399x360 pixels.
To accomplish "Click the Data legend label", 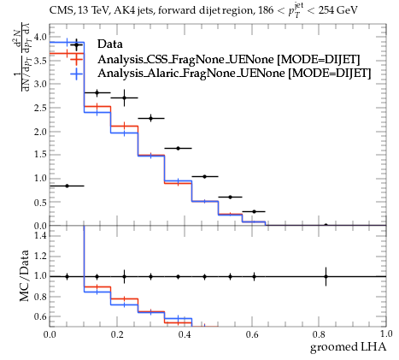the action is tap(110, 44).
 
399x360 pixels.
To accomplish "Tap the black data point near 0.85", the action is tap(67, 186).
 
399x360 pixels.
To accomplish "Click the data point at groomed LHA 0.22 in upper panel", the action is tap(124, 97).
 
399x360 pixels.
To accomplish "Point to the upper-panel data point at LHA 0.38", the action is tap(179, 148).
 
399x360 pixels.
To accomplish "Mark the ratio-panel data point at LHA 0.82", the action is tap(326, 276).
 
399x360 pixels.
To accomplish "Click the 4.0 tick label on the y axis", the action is tap(41, 37).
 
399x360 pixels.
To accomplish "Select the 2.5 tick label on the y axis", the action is tap(41, 108).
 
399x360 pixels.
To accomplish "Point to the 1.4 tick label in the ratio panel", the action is tap(41, 235).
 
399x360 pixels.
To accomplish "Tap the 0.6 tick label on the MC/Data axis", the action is tap(41, 316).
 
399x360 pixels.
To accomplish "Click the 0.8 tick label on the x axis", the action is tap(319, 334).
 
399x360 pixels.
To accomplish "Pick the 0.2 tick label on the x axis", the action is tap(117, 334).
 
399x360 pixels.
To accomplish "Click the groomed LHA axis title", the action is tap(348, 347).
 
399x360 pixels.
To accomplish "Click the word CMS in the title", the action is tap(59, 10).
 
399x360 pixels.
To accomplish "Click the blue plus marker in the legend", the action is tap(76, 74).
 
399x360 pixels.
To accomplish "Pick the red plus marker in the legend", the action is tap(76, 59).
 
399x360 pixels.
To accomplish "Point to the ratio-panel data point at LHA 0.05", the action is tap(67, 276).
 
